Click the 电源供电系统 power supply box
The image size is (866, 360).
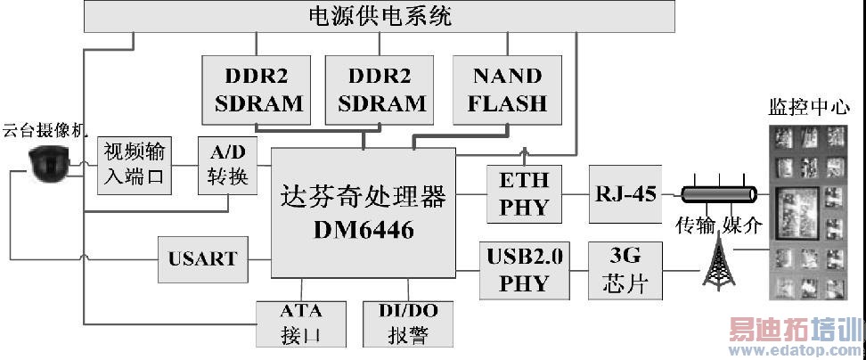click(x=379, y=16)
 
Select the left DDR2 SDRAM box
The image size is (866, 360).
click(x=258, y=90)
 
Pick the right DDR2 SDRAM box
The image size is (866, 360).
click(x=381, y=90)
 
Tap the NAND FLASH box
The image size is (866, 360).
click(x=507, y=89)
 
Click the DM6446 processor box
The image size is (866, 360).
click(x=363, y=212)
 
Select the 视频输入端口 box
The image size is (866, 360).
click(x=134, y=163)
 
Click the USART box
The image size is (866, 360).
click(x=202, y=258)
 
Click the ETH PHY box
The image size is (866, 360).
click(x=525, y=194)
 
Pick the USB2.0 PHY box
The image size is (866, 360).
click(x=524, y=270)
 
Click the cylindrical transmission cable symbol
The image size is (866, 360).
click(x=718, y=194)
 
